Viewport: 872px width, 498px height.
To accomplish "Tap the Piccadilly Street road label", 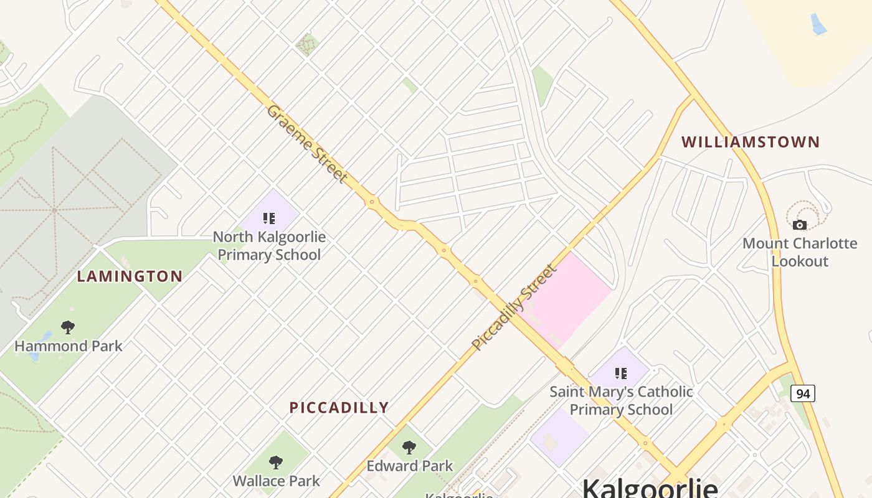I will pyautogui.click(x=514, y=307).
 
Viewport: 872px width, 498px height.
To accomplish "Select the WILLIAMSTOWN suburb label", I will pyautogui.click(x=751, y=142).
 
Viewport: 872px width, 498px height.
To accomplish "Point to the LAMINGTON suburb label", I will pyautogui.click(x=130, y=276).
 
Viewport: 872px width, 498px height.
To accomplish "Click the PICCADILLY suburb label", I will pyautogui.click(x=339, y=408).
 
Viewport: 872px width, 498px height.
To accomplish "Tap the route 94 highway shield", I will pyautogui.click(x=803, y=393).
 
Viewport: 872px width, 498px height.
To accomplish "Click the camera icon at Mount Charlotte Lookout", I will pyautogui.click(x=800, y=225).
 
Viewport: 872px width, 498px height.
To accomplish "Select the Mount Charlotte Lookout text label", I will pyautogui.click(x=800, y=252).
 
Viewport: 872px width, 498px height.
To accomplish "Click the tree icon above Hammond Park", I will pyautogui.click(x=68, y=327).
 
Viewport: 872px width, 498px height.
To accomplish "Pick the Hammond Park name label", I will pyautogui.click(x=69, y=346).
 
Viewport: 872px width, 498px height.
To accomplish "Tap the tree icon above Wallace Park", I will pyautogui.click(x=276, y=463).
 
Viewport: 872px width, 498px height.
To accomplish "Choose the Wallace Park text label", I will pyautogui.click(x=276, y=481).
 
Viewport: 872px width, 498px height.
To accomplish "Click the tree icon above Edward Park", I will pyautogui.click(x=409, y=448).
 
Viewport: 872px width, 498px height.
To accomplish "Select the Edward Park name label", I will pyautogui.click(x=409, y=466).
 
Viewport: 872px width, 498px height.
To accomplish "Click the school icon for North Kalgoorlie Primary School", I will pyautogui.click(x=269, y=218).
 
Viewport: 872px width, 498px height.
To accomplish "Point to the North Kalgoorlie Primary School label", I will pyautogui.click(x=269, y=246).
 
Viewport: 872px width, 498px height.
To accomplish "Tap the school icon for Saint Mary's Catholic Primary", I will pyautogui.click(x=621, y=374).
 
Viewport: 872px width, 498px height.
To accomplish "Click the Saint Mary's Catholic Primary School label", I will pyautogui.click(x=621, y=400).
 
